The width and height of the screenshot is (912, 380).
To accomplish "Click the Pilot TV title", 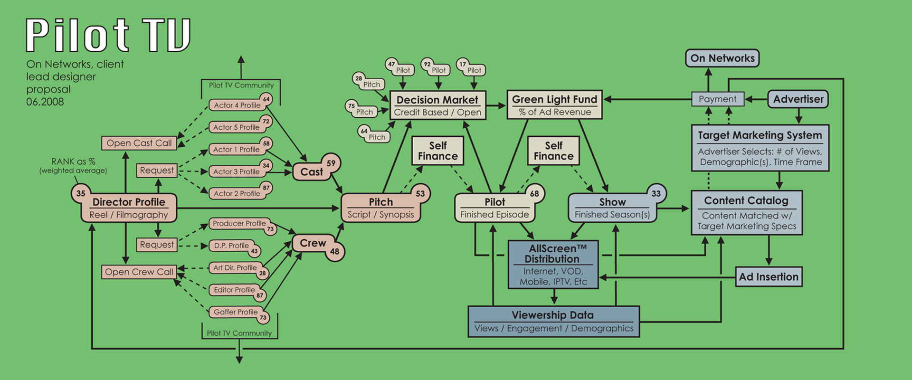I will click(x=108, y=35).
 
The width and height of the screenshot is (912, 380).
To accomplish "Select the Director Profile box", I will click(x=129, y=208).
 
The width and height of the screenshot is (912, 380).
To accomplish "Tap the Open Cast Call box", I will click(x=139, y=143).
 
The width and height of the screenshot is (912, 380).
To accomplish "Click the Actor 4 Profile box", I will click(x=237, y=105).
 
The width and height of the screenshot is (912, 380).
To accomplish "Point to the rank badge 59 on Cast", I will click(x=331, y=163).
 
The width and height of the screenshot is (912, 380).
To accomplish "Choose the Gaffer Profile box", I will click(x=236, y=312).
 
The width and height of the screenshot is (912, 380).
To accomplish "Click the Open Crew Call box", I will click(x=139, y=272).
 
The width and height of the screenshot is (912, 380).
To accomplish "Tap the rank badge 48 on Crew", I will click(x=335, y=251).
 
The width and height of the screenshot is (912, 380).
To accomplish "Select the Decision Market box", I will click(x=437, y=105).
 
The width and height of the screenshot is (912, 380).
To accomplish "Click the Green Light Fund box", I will click(x=554, y=105).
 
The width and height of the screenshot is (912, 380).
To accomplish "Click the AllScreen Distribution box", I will click(x=553, y=265).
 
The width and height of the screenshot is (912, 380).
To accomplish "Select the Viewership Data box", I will click(x=553, y=322).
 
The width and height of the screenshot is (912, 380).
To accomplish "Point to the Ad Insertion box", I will click(x=769, y=277).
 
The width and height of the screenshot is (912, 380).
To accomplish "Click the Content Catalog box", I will click(x=746, y=213).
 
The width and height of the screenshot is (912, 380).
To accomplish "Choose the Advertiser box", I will click(x=798, y=99).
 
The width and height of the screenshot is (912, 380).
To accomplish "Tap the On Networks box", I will click(x=722, y=58).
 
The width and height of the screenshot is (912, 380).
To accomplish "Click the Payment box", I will click(x=717, y=99).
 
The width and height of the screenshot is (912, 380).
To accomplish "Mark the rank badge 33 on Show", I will click(x=656, y=193).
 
